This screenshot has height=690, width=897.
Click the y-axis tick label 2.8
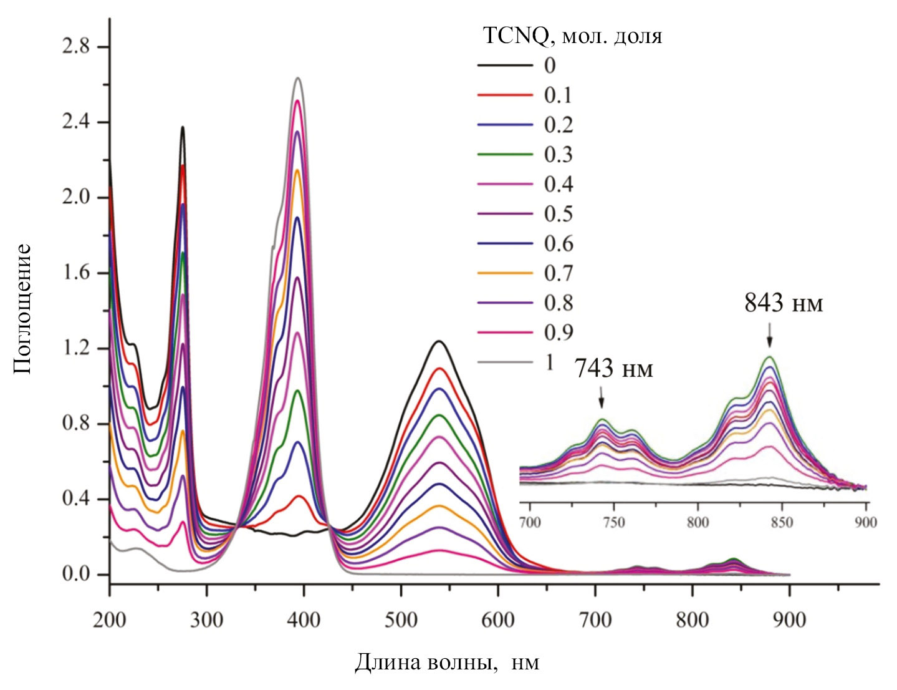pos(75,47)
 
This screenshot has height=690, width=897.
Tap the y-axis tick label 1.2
pos(75,348)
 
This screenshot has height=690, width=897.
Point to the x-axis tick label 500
pos(401,620)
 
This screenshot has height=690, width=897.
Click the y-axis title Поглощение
pos(22,308)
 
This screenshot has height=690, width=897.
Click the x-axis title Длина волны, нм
pos(447,663)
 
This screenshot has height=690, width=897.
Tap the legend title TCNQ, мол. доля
pos(572,36)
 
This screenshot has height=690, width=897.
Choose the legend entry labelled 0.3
pos(558,154)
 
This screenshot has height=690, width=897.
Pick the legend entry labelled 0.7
pos(558,273)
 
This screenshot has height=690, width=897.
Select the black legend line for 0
pos(505,66)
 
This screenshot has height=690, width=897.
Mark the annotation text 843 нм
pos(784,304)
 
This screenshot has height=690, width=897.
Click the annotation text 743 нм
pos(613,369)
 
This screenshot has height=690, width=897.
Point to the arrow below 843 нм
pos(770,335)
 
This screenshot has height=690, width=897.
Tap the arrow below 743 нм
pos(601,397)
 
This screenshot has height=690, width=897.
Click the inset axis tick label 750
pos(614,522)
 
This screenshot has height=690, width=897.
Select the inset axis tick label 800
pos(698,522)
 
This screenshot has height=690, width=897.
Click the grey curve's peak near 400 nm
pos(298,78)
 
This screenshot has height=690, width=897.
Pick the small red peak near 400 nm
pos(299,495)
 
